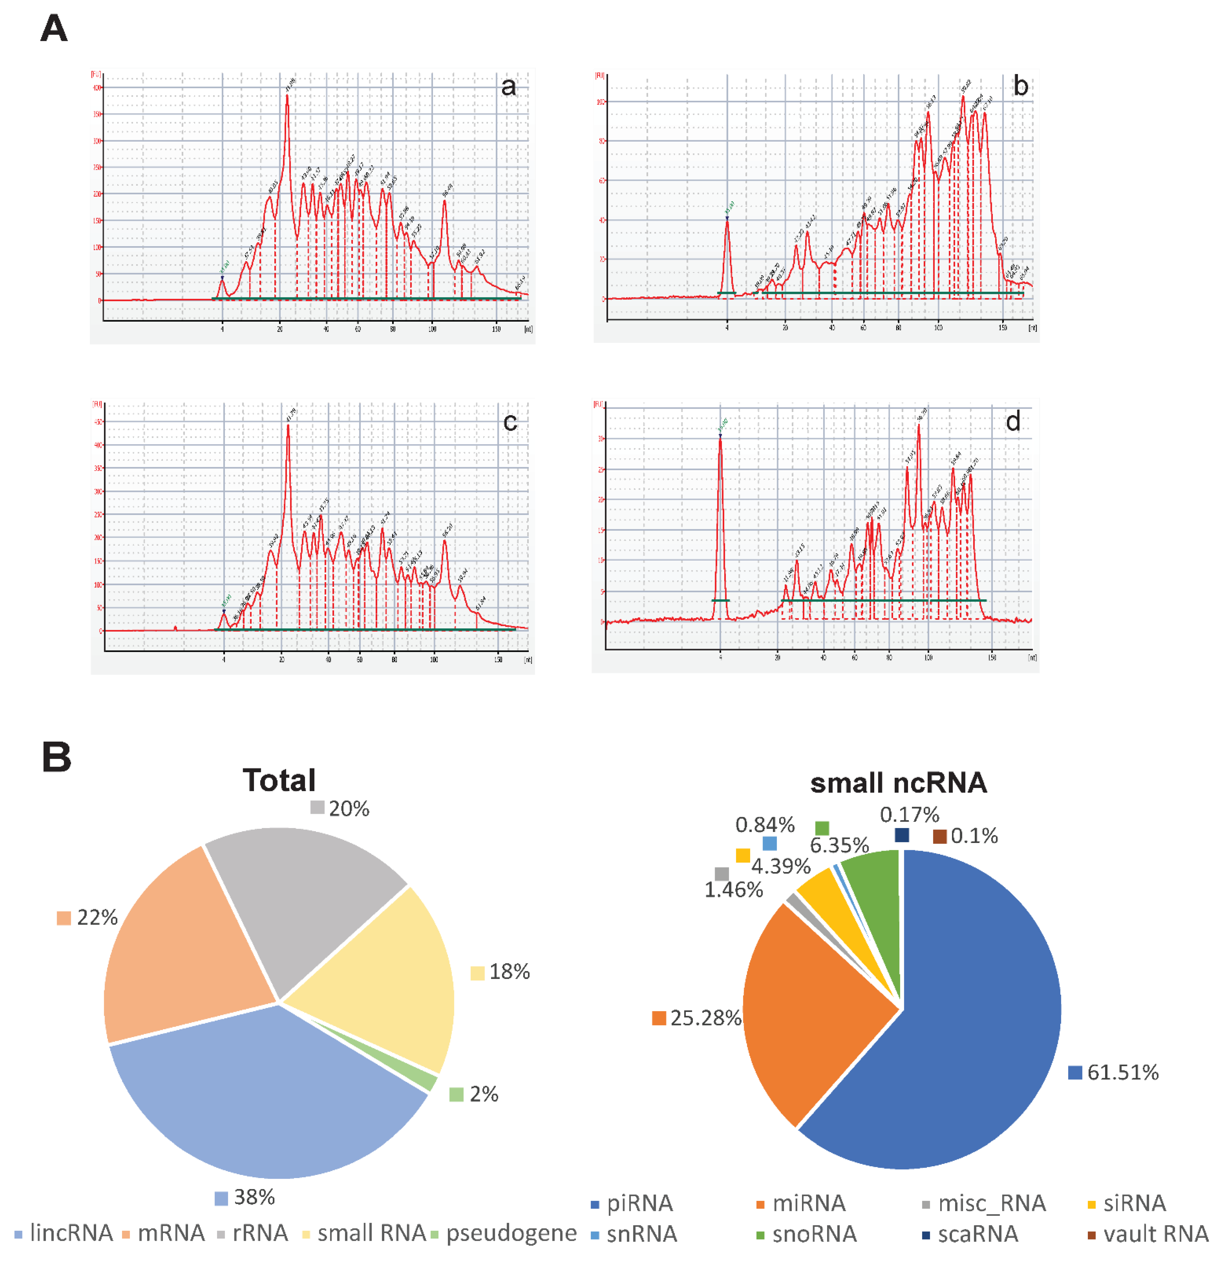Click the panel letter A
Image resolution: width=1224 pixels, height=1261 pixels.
54,30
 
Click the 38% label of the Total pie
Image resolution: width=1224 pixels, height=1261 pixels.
254,1197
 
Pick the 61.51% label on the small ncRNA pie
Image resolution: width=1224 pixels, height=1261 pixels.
1122,1072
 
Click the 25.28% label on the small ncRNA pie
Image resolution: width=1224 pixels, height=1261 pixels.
706,1018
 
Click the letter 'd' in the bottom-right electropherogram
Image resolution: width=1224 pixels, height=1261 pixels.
1013,422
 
